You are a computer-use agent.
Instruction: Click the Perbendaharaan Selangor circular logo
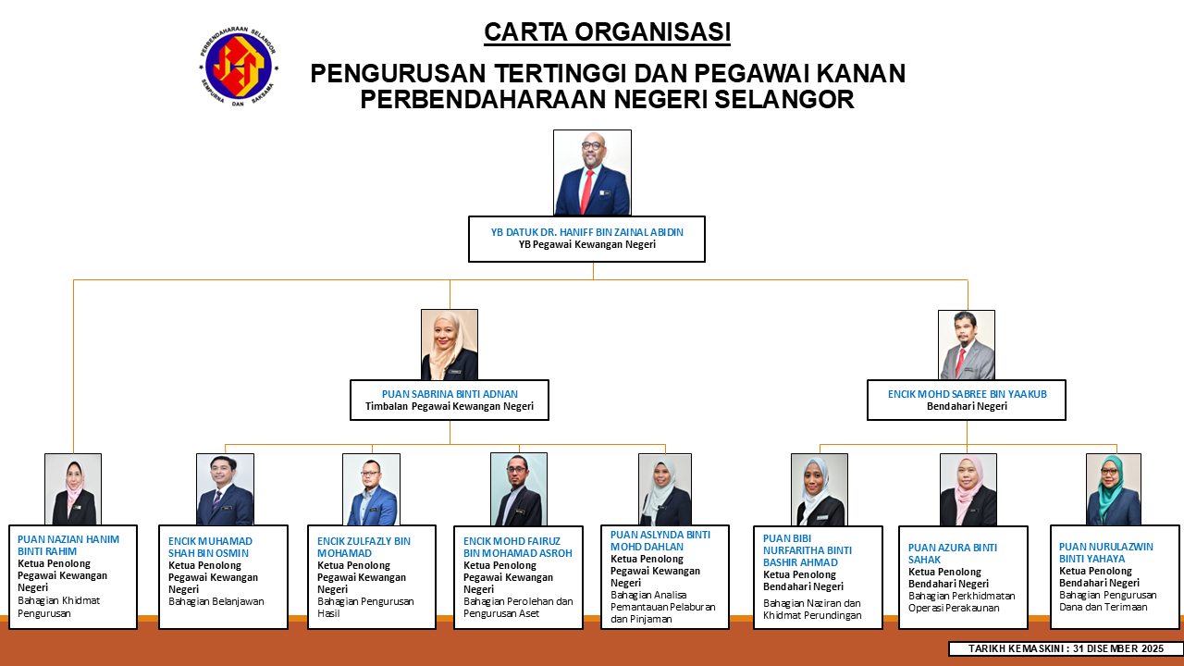tap(239, 66)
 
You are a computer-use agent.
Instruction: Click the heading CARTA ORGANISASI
tap(608, 31)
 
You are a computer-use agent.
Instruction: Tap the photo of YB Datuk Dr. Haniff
tap(592, 172)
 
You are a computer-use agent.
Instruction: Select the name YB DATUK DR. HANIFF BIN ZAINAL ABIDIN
tap(586, 232)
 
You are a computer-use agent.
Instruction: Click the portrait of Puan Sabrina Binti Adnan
tap(450, 345)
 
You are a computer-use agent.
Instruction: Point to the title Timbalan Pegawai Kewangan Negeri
tap(450, 406)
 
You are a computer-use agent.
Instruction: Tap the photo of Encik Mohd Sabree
tap(967, 345)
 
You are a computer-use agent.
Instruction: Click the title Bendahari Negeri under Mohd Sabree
tap(967, 406)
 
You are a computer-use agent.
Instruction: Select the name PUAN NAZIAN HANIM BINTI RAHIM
tap(68, 545)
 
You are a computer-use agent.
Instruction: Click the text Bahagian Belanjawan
tap(216, 601)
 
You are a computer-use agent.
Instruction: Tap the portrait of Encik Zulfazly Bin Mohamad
tap(371, 489)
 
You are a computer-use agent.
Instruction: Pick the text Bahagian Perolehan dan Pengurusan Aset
tap(518, 608)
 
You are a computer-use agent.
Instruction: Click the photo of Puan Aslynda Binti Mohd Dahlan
tap(665, 489)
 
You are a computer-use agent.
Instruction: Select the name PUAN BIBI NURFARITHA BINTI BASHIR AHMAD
tap(808, 550)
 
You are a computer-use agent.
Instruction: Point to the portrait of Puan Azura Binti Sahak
tap(968, 489)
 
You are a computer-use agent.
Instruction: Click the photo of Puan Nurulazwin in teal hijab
tap(1114, 489)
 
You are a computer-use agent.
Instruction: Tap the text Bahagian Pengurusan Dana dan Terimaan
tap(1108, 601)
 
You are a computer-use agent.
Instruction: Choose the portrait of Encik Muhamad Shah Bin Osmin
tap(225, 489)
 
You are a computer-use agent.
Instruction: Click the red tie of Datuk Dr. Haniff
tap(587, 191)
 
